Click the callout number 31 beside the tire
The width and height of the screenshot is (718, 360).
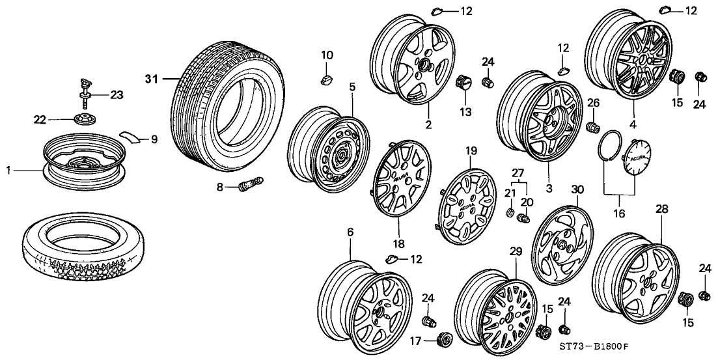click(151, 79)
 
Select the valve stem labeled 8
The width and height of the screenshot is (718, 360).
click(251, 186)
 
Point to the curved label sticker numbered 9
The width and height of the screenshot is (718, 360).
click(131, 137)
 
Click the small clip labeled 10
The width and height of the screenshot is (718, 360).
click(326, 79)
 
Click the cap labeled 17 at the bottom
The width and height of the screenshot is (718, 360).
click(446, 339)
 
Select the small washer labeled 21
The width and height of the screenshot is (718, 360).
click(511, 214)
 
